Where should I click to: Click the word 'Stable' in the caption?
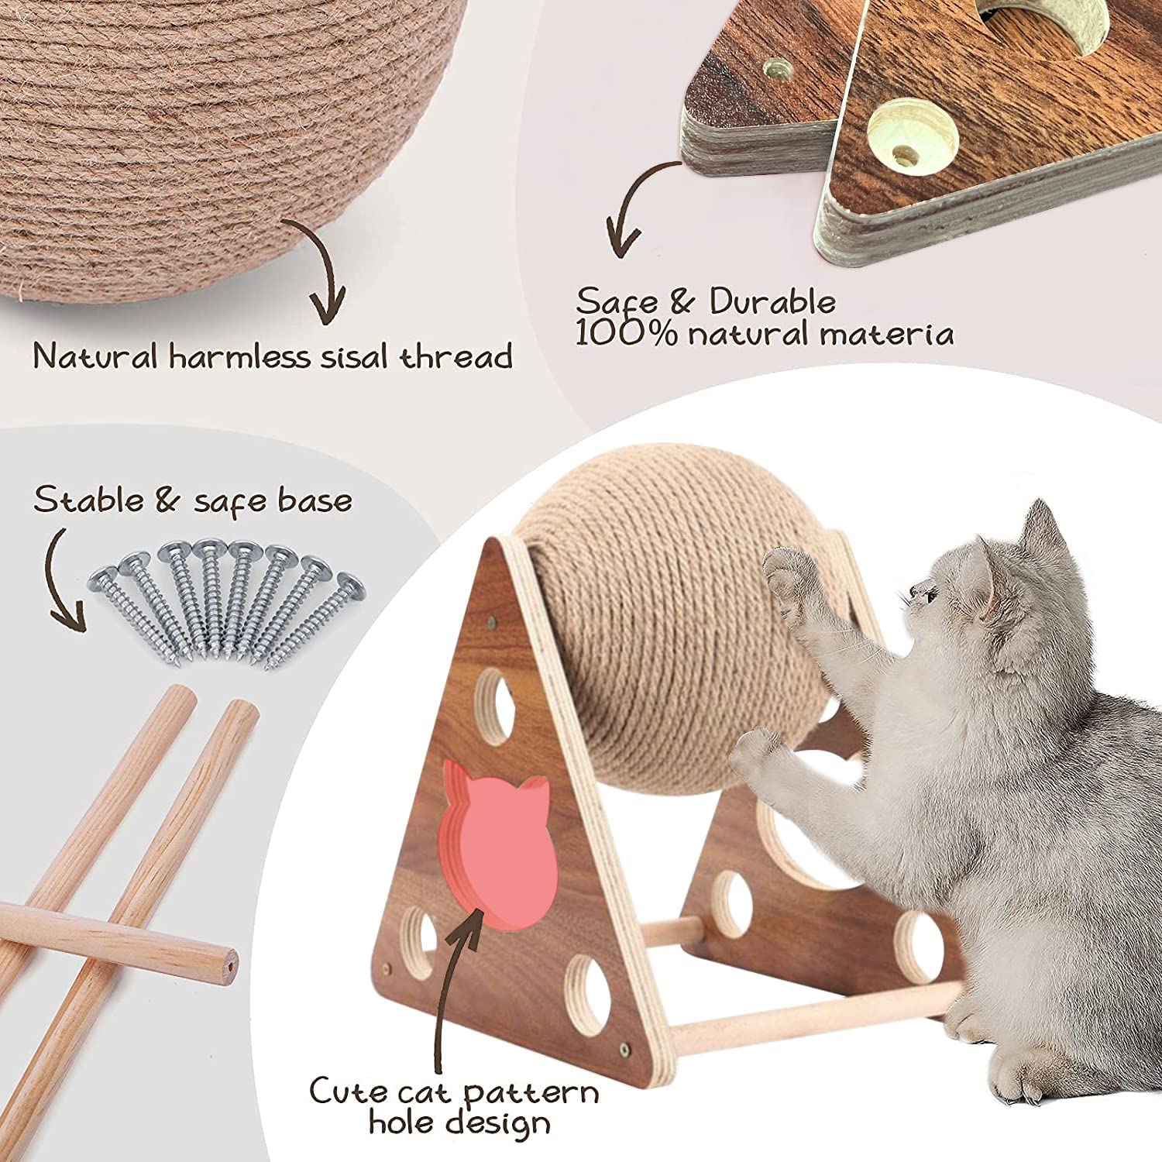tap(89, 500)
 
